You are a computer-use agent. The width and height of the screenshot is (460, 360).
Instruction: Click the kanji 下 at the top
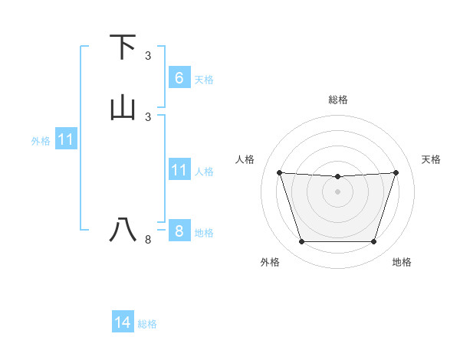click(123, 47)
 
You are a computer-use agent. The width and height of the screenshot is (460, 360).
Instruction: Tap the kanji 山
click(123, 109)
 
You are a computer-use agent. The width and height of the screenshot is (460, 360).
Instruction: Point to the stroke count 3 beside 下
click(148, 56)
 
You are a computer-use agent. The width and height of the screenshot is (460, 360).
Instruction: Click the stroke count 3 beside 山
click(148, 117)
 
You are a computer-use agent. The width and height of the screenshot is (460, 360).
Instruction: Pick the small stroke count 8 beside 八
click(148, 240)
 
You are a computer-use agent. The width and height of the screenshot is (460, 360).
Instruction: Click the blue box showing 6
click(179, 77)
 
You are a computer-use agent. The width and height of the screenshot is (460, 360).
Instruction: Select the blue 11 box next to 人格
click(179, 169)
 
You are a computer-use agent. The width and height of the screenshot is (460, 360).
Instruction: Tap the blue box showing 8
click(179, 231)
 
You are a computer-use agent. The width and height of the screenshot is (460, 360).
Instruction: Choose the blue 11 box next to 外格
click(65, 139)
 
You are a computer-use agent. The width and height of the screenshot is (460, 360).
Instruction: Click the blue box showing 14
click(123, 322)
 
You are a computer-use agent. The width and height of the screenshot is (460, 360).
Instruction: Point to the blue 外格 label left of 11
click(41, 141)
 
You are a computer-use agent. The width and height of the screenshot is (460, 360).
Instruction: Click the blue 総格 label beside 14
click(147, 324)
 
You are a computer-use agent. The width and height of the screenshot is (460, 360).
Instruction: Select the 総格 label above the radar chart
click(338, 100)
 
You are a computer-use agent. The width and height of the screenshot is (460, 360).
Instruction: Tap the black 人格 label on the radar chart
click(245, 159)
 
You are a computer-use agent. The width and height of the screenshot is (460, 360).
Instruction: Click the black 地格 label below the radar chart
click(402, 262)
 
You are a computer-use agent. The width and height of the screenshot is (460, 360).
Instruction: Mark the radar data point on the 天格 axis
click(396, 172)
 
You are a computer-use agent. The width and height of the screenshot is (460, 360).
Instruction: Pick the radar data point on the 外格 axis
click(301, 242)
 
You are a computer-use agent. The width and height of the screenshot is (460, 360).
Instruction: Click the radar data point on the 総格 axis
click(338, 177)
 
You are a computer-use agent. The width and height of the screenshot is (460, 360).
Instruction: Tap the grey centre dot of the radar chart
click(338, 191)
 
